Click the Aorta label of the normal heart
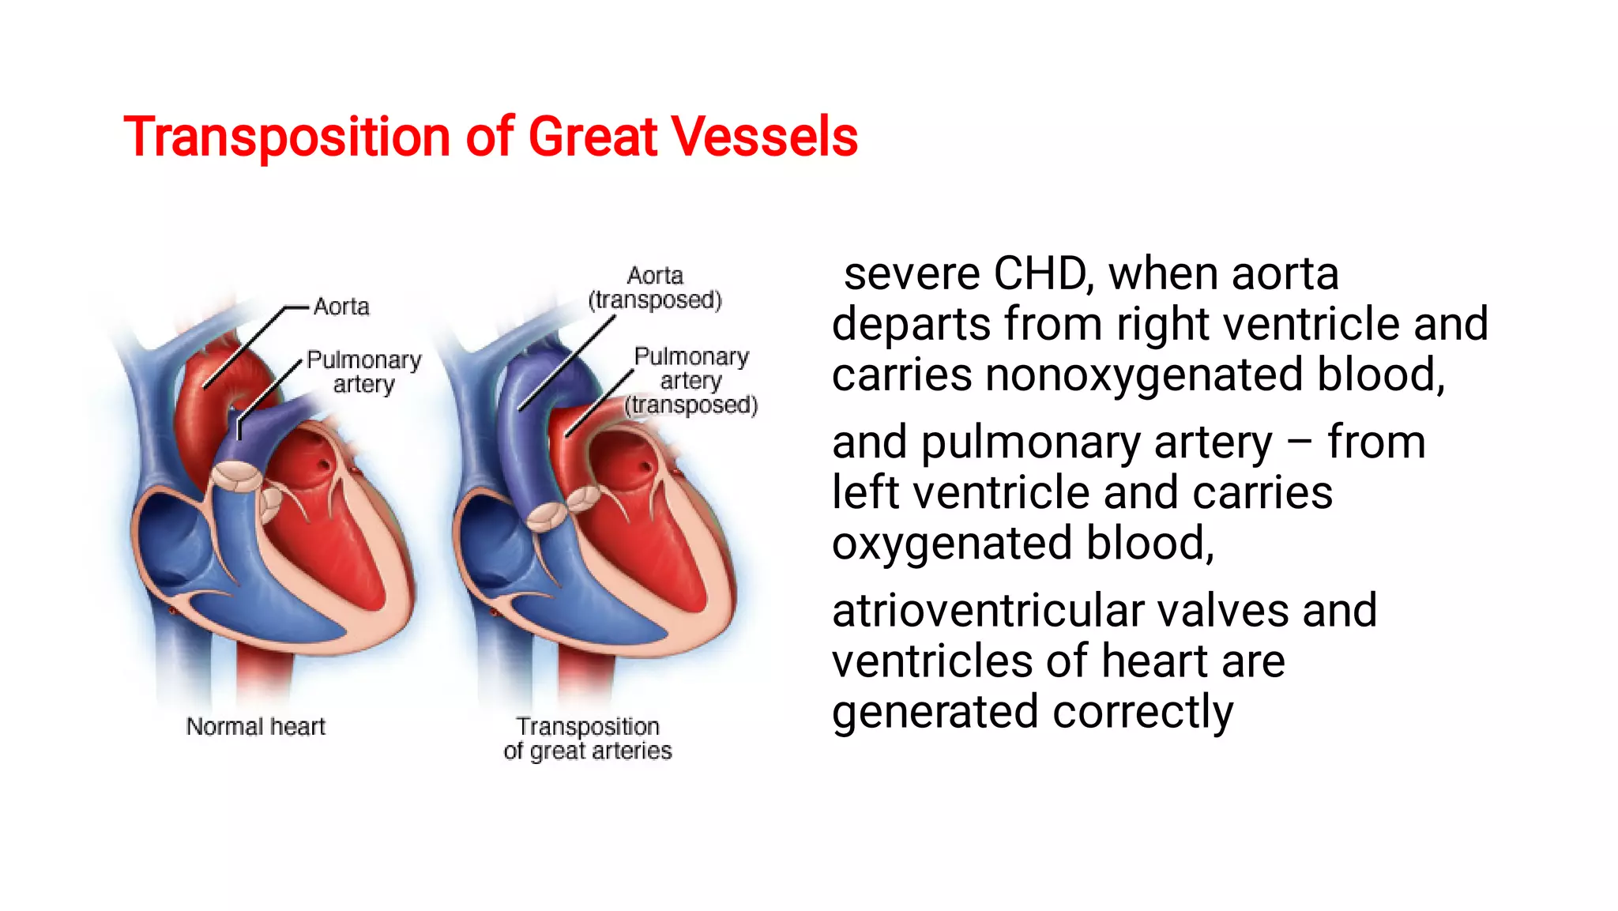341,307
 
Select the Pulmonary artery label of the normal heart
363,372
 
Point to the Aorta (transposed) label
655,288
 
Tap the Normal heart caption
255,726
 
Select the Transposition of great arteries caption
588,738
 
